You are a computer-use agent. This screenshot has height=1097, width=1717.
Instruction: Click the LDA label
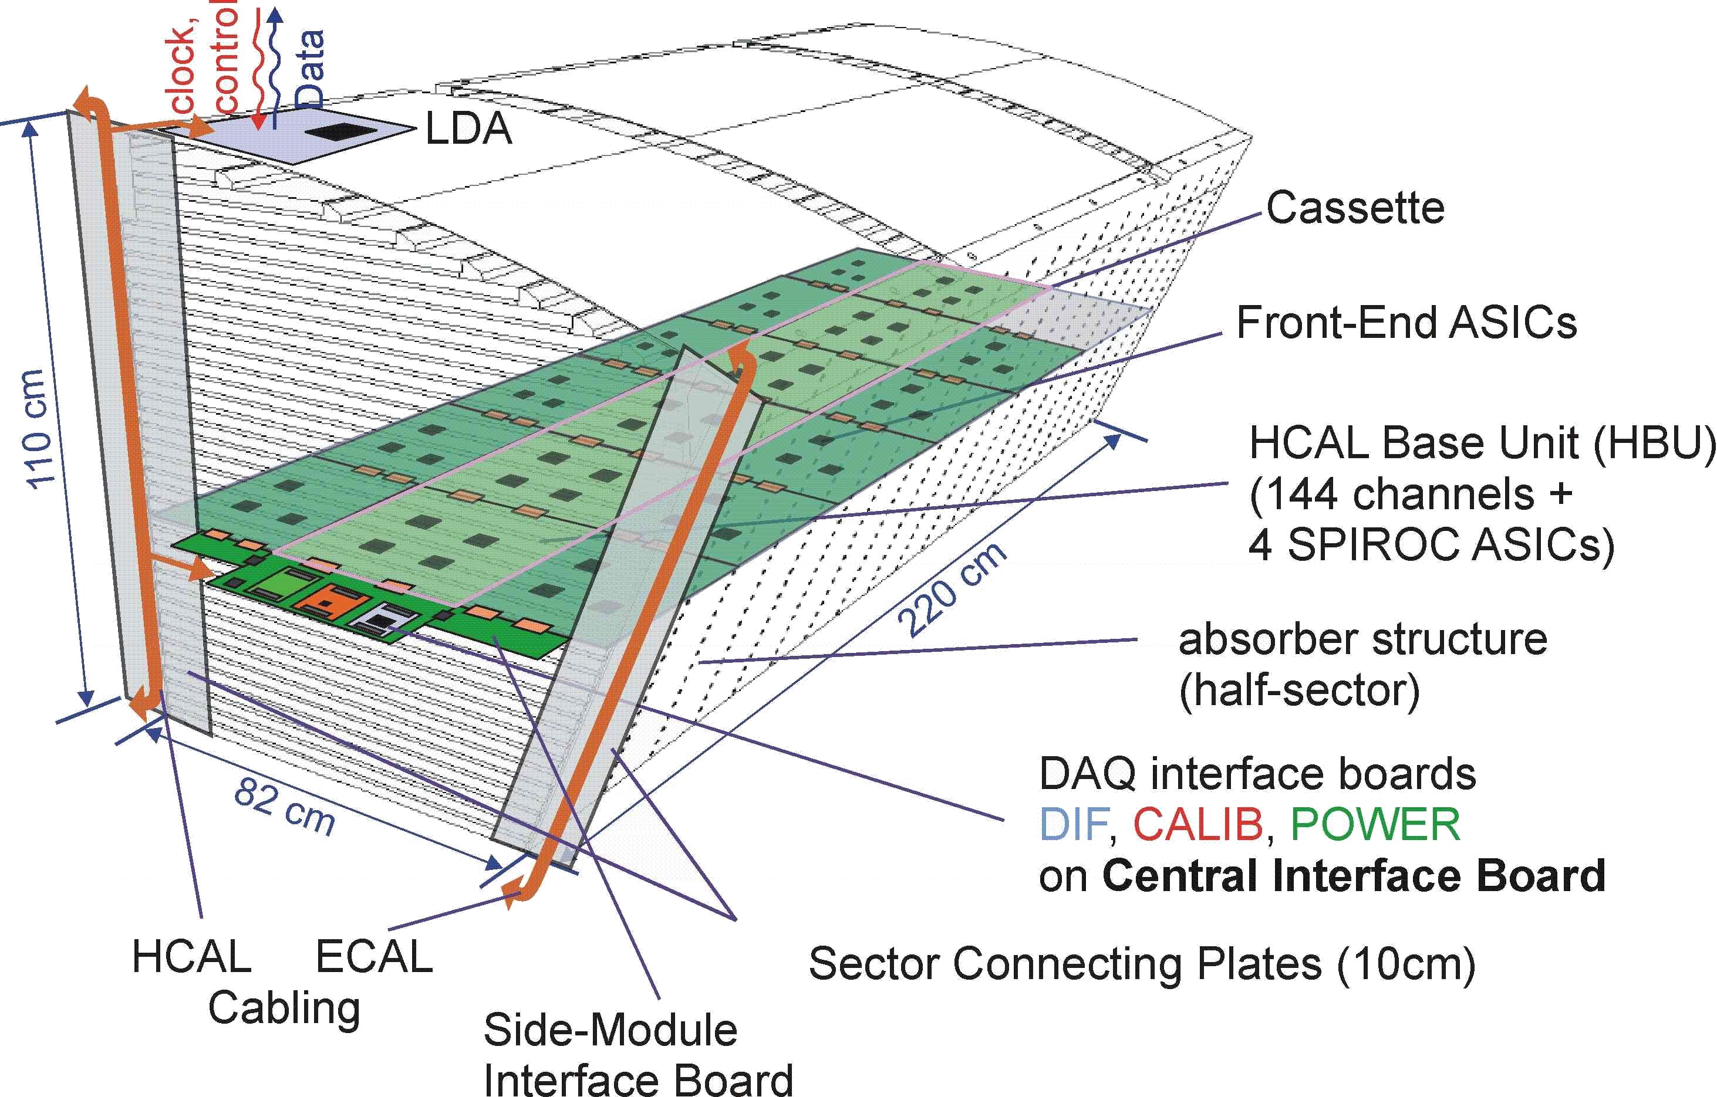468,129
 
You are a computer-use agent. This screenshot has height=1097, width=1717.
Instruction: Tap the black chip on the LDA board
343,132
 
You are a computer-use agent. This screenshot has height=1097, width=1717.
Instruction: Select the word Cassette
1355,208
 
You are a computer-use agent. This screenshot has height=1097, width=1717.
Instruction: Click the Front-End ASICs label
1406,323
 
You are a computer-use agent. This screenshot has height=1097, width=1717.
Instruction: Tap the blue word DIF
1073,825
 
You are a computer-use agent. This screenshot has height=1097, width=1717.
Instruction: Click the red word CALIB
1198,825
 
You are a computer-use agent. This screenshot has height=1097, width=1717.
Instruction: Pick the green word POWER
1375,825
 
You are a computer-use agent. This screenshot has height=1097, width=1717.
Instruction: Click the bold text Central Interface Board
1354,876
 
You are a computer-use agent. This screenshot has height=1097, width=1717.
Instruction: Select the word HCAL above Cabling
192,957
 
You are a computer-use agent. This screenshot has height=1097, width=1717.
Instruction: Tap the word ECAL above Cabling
374,957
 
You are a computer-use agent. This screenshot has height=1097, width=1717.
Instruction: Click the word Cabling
284,1008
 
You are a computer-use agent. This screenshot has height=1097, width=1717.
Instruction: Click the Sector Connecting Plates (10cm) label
1142,964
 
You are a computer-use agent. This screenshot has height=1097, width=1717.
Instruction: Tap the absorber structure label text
1362,639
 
